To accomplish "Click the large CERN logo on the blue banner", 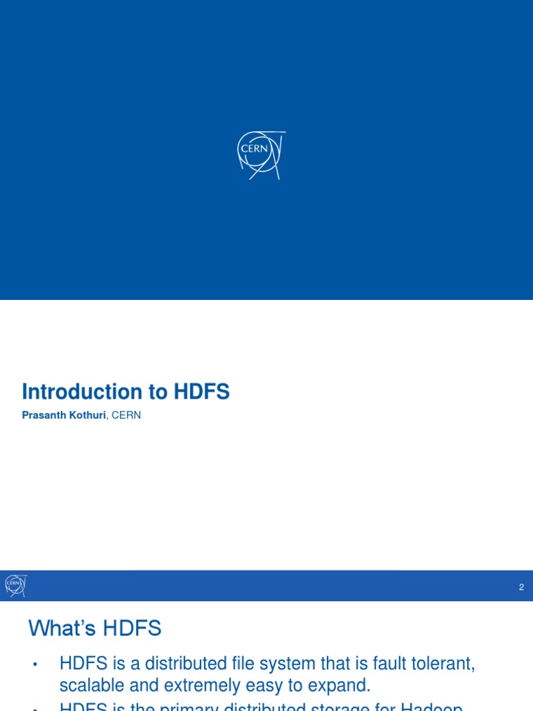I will click(261, 154).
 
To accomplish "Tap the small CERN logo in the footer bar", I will click(15, 585).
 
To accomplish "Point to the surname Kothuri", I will click(85, 415).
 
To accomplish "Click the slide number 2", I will click(521, 587).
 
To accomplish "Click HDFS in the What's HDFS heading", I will click(132, 629).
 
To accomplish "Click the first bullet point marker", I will click(34, 664).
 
